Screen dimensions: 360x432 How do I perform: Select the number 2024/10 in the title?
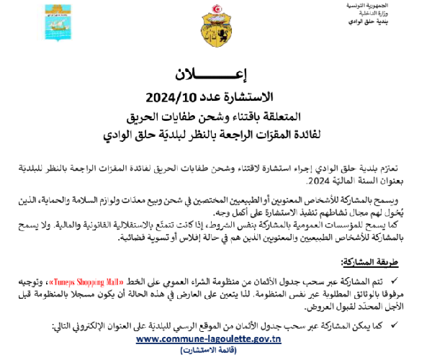tap(166, 95)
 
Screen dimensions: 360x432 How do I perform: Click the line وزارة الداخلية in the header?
tap(400, 14)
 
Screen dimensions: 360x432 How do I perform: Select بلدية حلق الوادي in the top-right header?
tap(395, 23)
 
